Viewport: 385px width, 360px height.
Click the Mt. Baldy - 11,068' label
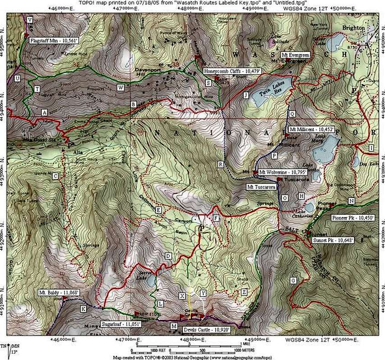(x=59, y=292)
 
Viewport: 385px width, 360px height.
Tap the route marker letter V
(x=30, y=20)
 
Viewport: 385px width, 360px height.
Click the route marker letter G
(x=294, y=281)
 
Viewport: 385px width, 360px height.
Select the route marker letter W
(x=120, y=87)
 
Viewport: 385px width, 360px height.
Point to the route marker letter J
(x=245, y=95)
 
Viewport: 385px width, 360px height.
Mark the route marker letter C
(x=55, y=176)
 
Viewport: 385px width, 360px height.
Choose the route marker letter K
(x=83, y=309)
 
